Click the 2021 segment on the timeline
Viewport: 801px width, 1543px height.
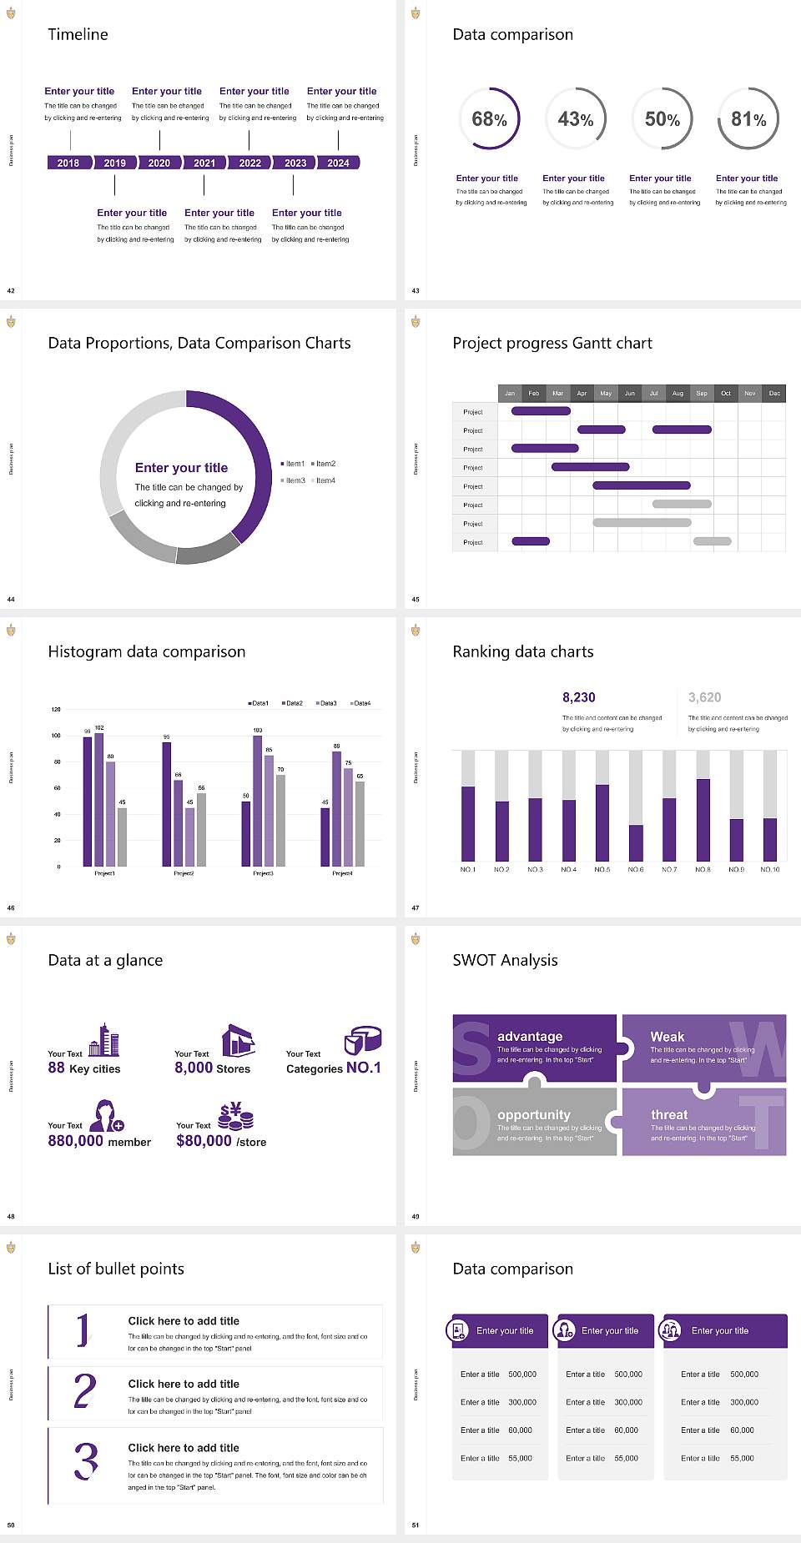point(204,163)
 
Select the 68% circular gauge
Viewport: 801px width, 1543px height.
point(489,119)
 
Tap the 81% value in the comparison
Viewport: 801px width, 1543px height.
point(748,119)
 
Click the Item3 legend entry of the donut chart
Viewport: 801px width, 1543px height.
point(294,480)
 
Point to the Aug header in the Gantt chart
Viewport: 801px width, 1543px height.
point(678,393)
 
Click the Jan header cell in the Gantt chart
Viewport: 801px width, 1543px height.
point(510,393)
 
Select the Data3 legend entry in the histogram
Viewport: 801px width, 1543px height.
point(327,703)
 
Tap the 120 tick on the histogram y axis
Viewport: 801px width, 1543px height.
point(56,709)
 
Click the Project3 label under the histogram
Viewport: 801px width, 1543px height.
point(263,873)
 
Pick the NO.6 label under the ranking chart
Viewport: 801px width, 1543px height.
point(636,869)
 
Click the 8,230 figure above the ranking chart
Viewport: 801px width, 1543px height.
point(579,697)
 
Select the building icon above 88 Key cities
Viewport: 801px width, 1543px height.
point(104,1040)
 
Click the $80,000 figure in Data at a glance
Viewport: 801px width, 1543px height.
point(204,1140)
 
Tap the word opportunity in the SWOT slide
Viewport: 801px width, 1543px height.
point(534,1114)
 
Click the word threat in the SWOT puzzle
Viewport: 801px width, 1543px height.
point(669,1114)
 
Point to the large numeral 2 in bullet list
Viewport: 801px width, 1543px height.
point(85,1391)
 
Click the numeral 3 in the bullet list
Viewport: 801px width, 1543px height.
point(86,1461)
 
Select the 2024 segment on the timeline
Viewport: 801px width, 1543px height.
point(338,163)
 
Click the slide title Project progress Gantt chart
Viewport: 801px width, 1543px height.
point(552,343)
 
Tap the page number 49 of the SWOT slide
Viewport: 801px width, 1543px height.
point(416,1216)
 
